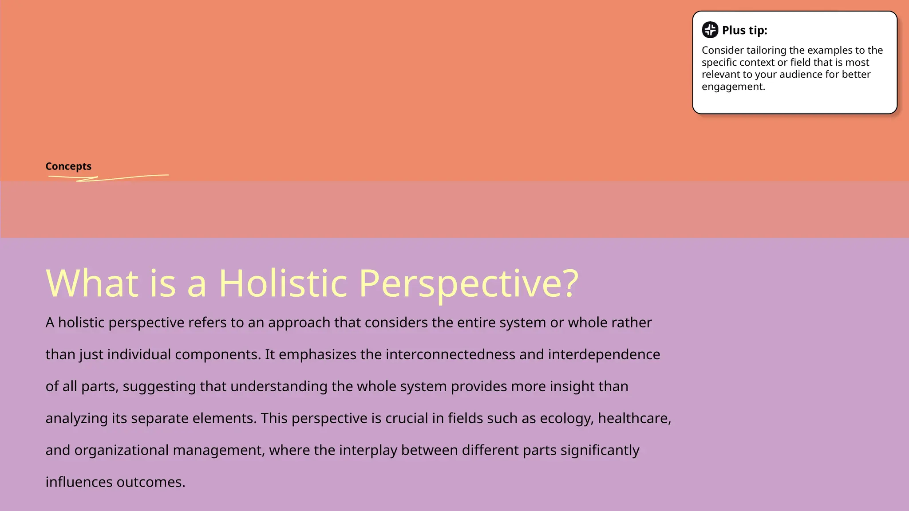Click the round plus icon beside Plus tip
click(710, 30)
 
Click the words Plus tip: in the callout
click(744, 30)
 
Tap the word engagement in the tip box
click(733, 86)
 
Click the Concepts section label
click(68, 166)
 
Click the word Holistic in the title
click(283, 283)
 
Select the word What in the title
click(92, 283)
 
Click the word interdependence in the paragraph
click(604, 354)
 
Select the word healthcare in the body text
click(634, 418)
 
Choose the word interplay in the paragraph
click(368, 450)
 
